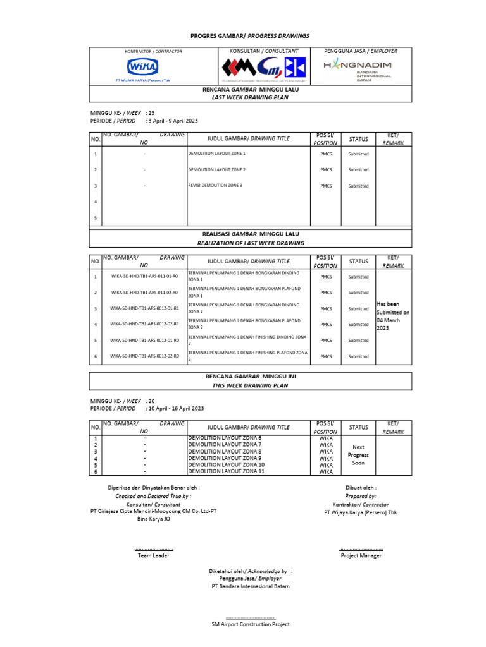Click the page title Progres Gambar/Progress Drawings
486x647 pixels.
251,36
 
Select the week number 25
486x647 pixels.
151,112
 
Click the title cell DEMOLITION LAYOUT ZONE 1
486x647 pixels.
217,154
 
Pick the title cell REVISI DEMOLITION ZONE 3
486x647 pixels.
215,185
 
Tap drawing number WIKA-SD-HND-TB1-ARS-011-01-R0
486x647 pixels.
144,277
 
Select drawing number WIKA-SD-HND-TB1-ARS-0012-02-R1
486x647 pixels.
144,324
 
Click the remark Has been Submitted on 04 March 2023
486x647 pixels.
393,316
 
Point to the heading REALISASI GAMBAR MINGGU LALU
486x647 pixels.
250,234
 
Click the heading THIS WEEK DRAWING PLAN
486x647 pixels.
250,384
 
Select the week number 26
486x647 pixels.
151,401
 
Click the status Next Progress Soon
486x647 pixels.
358,455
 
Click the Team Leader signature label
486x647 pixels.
154,555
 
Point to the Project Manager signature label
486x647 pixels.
361,555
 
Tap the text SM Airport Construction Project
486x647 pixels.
251,624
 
